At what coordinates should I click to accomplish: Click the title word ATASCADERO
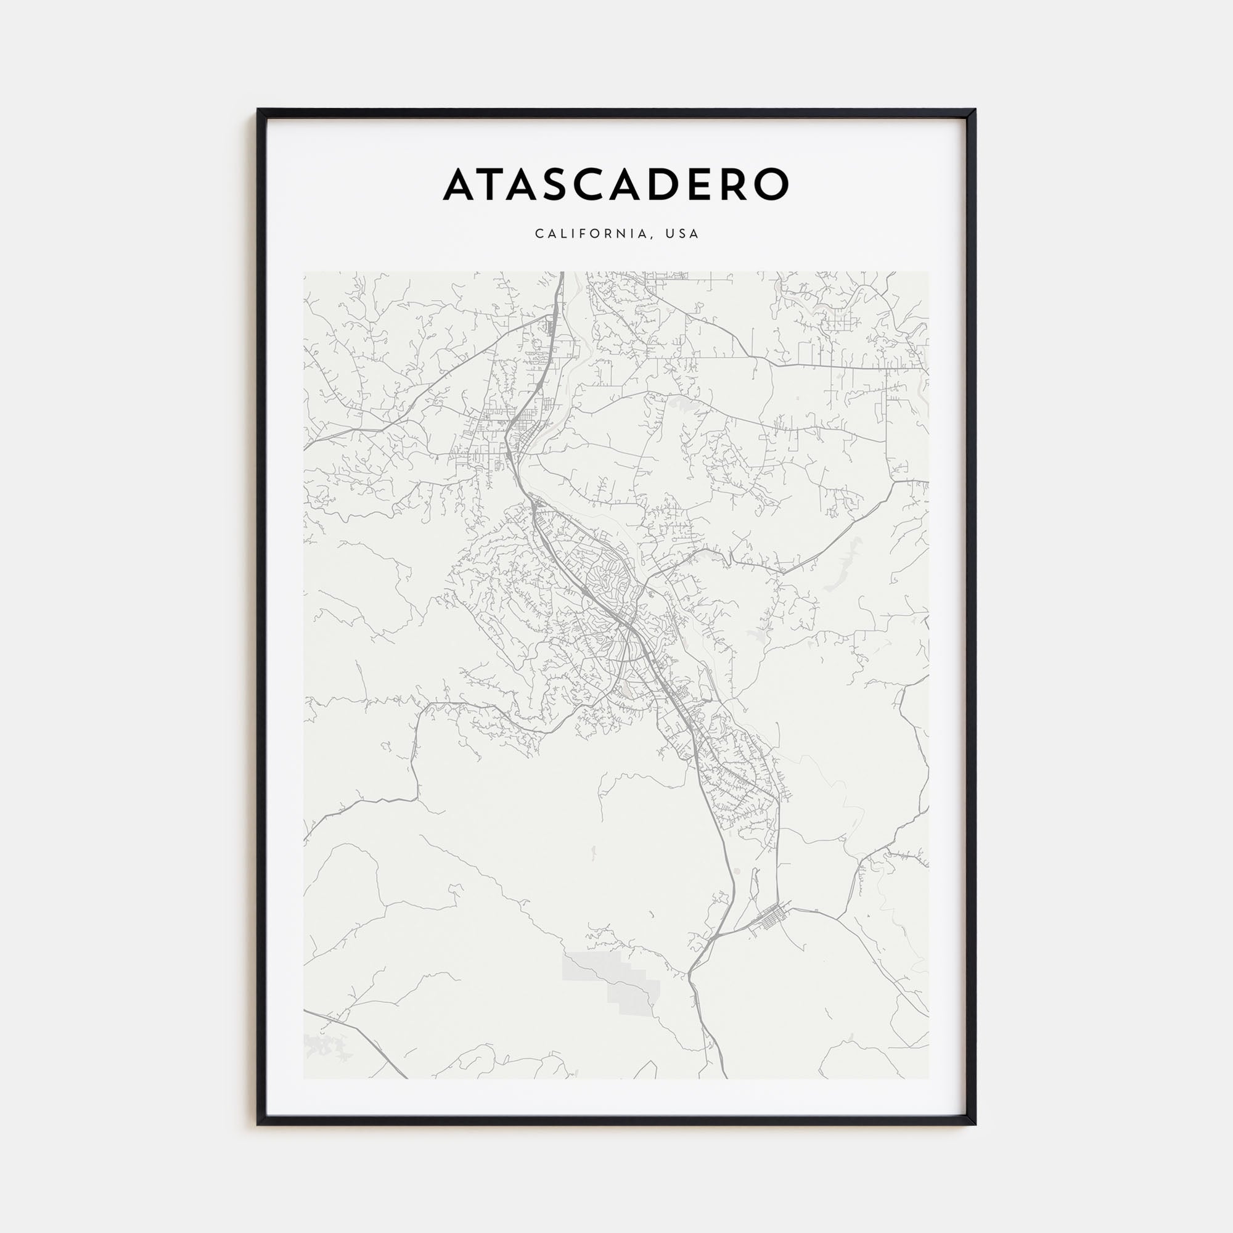(x=616, y=184)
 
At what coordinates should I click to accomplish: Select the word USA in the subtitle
(x=682, y=234)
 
